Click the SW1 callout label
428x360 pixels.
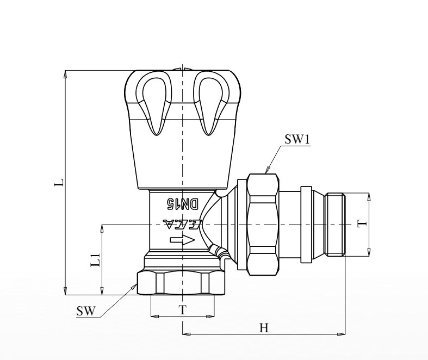point(297,139)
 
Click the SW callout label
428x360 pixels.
point(86,311)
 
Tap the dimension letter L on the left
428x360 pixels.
point(59,183)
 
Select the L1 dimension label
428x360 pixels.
point(96,260)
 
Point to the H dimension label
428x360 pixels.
point(264,328)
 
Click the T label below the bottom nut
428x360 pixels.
point(182,310)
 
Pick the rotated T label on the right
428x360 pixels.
point(363,224)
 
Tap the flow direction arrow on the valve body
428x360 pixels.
point(182,240)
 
